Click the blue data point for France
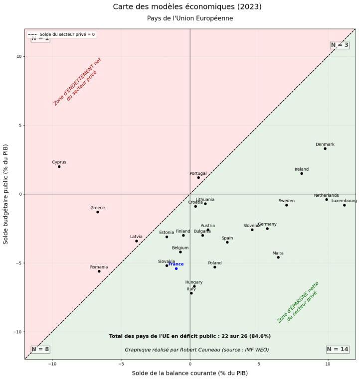176,268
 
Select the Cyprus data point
59,166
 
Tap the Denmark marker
325,148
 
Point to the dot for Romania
99,271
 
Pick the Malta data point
278,257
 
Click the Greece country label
97,208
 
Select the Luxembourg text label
344,201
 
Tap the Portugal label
198,173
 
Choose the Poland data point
215,267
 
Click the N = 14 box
338,349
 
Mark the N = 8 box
40,349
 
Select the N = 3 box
340,45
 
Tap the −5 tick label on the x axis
121,364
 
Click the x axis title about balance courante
189,373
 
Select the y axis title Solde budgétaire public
6,194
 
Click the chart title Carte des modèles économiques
187,6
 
